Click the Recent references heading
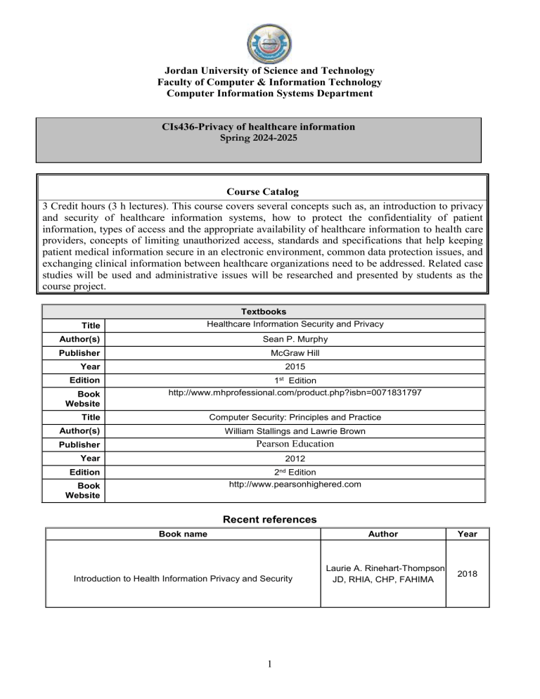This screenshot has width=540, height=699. (270, 520)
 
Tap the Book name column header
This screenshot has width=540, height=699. (183, 534)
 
